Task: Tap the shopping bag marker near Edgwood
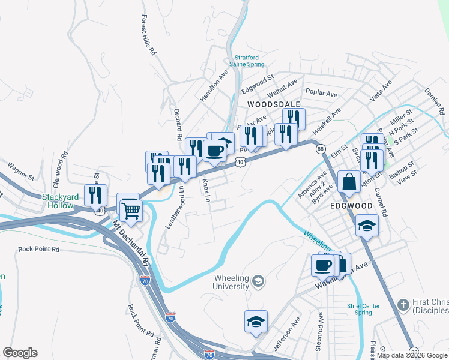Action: click(x=349, y=181)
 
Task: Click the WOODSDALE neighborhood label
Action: click(x=273, y=104)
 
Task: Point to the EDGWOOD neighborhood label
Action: click(x=351, y=205)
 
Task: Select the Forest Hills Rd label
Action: click(x=148, y=35)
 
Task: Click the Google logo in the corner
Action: click(x=20, y=353)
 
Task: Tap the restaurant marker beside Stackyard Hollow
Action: click(x=95, y=195)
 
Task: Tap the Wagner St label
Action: click(x=22, y=171)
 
